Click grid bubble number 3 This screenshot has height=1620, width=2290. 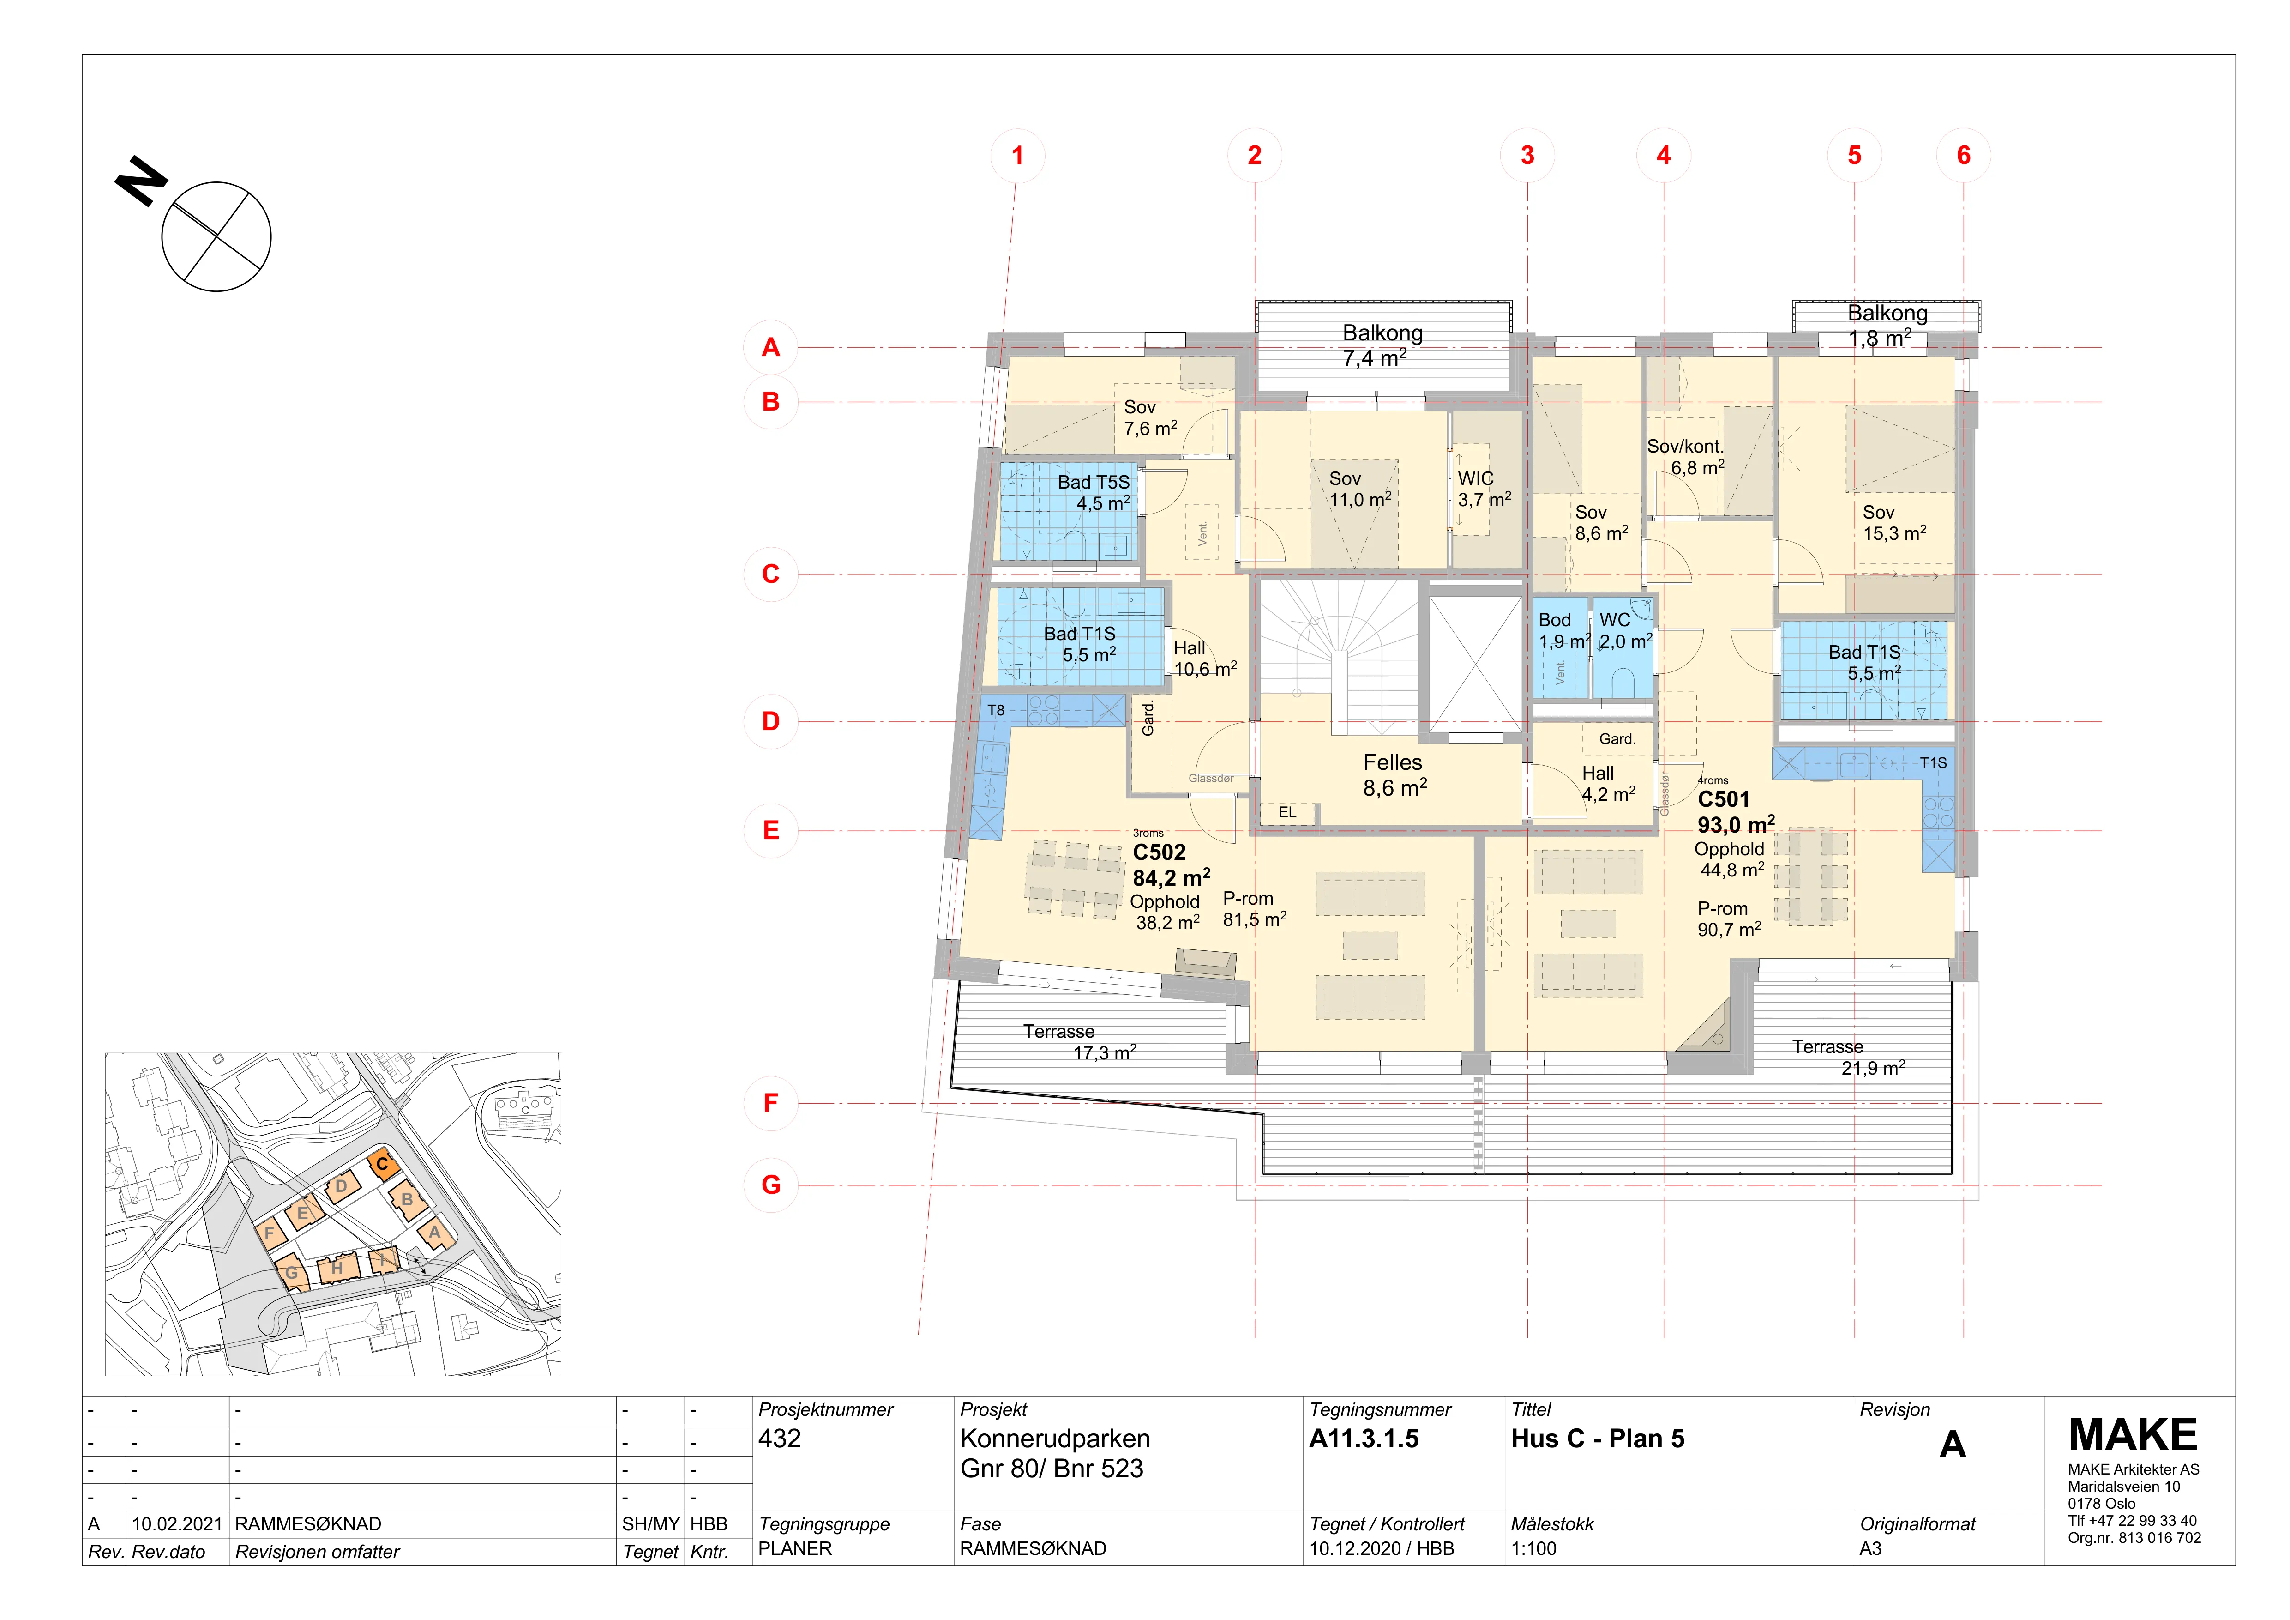click(x=1527, y=156)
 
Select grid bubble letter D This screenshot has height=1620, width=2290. click(x=771, y=721)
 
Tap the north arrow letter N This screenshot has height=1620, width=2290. click(x=142, y=181)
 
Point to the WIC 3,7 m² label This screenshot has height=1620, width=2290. click(x=1484, y=489)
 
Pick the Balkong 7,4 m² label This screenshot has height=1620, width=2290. click(x=1382, y=345)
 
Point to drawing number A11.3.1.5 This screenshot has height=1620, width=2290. click(x=1364, y=1439)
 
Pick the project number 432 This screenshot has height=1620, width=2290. click(x=779, y=1439)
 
